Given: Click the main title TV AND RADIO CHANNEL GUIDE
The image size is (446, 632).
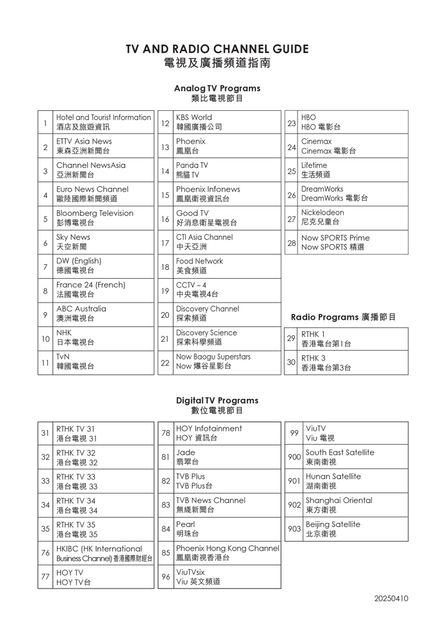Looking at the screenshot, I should point(217,49).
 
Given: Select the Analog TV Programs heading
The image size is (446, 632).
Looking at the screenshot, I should point(217,88).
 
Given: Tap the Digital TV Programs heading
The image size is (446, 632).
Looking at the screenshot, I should point(217,401).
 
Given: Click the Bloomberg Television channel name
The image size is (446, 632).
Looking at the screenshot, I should point(95,213).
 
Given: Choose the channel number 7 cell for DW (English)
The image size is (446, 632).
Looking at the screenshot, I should point(45,267).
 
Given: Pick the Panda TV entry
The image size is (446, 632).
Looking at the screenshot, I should point(192,165).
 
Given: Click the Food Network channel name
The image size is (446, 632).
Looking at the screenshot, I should point(200,262).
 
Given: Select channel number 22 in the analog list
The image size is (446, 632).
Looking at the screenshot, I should point(165,362).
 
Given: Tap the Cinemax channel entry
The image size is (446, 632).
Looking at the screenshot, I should point(317,142).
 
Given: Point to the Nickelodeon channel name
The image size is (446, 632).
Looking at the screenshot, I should point(323,213).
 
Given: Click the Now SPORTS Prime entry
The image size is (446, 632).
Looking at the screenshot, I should point(335,237).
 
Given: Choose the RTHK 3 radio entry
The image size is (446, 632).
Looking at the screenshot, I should point(314,358).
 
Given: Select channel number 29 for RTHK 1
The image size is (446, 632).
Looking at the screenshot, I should point(291,338).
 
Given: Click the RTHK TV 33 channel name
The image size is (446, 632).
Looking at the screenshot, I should point(76,477).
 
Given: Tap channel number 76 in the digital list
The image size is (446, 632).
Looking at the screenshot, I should point(45,553).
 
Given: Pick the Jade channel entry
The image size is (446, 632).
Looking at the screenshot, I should point(186,453).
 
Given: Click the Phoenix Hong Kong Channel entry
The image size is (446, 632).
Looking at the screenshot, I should point(228,549).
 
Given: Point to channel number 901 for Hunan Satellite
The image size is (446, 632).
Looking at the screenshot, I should point(294,481).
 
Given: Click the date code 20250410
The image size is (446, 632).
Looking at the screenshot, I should point(391,599).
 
